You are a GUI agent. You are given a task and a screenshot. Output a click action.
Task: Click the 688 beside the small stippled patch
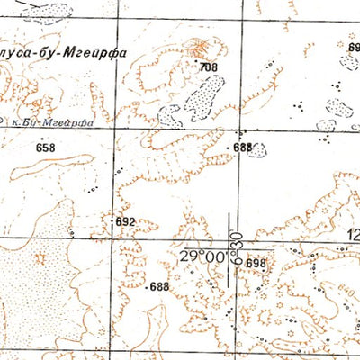tap(242, 148)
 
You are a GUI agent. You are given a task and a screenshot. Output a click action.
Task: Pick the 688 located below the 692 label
tap(159, 286)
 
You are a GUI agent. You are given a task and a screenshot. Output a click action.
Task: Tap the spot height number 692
tap(124, 220)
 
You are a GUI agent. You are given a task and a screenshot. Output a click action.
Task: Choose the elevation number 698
tap(256, 263)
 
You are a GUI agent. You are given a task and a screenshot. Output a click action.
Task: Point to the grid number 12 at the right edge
tap(350, 237)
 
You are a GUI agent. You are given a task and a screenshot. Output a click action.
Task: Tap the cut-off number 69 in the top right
tap(353, 47)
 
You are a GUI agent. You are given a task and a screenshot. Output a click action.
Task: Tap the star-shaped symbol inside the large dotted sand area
tap(39, 258)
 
